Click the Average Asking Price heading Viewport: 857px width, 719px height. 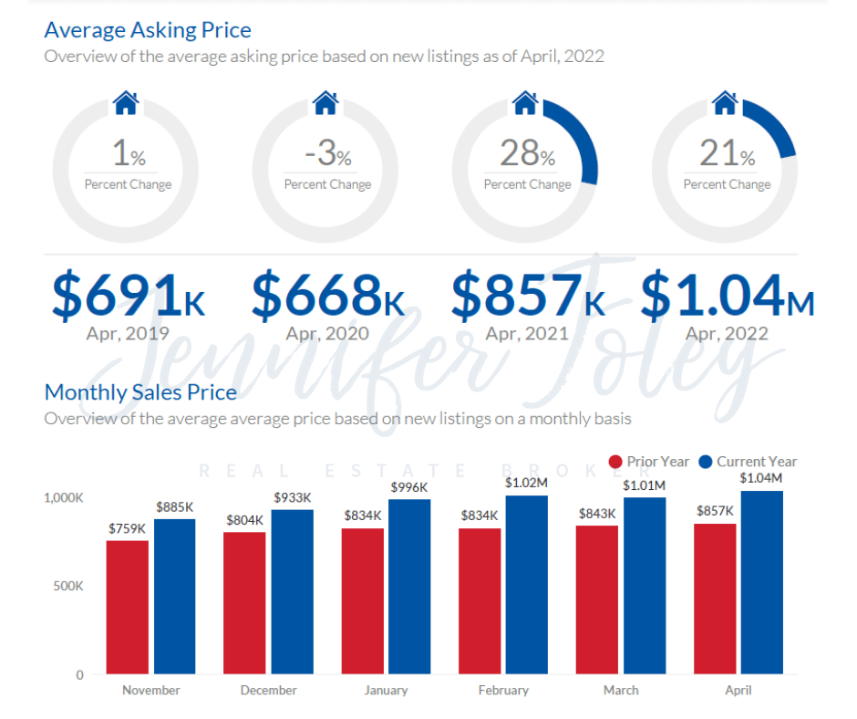pos(148,30)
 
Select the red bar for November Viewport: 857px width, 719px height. pos(127,607)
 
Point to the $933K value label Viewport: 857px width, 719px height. pos(292,497)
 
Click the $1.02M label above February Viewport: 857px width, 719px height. pos(527,483)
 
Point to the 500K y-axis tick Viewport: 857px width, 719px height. pos(67,586)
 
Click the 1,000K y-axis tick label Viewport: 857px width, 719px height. pos(63,498)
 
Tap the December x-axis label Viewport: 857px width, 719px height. pos(268,691)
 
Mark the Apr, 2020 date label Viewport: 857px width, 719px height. pos(327,333)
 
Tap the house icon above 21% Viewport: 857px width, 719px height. pos(725,102)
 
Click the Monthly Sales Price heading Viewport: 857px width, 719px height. pos(140,392)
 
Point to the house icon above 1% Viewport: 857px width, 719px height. pos(126,102)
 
